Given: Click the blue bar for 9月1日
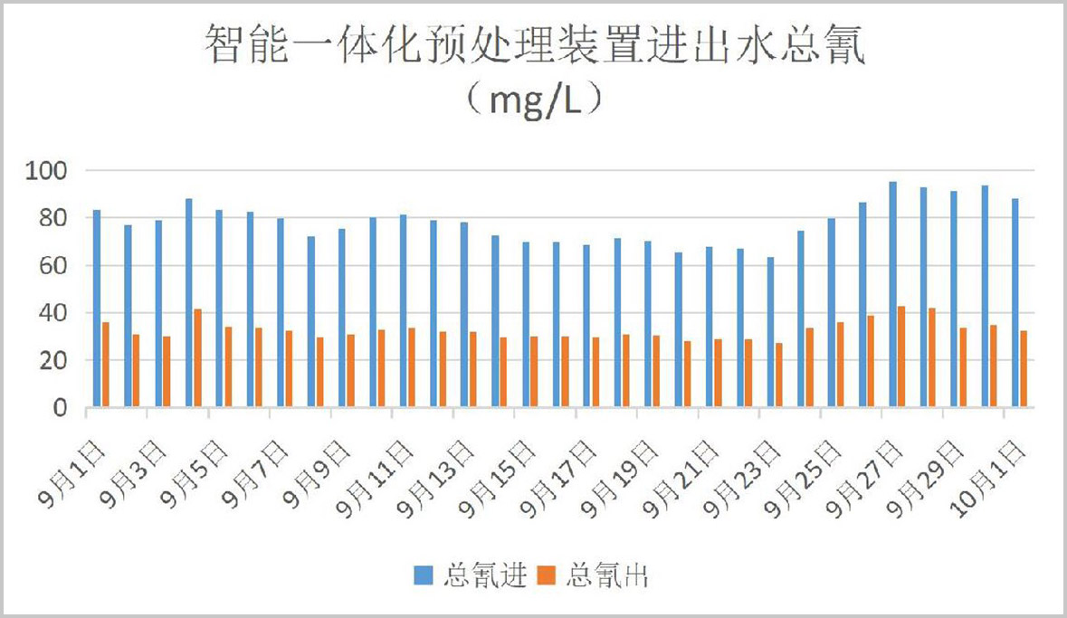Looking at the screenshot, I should pos(97,309).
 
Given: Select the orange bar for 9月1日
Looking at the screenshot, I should pos(106,365).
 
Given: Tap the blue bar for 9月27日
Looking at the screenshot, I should pos(892,295).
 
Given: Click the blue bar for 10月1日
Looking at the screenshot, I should pos(1015,303).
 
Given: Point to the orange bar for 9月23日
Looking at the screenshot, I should pos(779,375).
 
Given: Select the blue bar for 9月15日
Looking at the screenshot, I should pos(526,325).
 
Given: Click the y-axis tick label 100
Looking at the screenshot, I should pos(49,171).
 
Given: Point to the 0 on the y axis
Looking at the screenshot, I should pos(62,408).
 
